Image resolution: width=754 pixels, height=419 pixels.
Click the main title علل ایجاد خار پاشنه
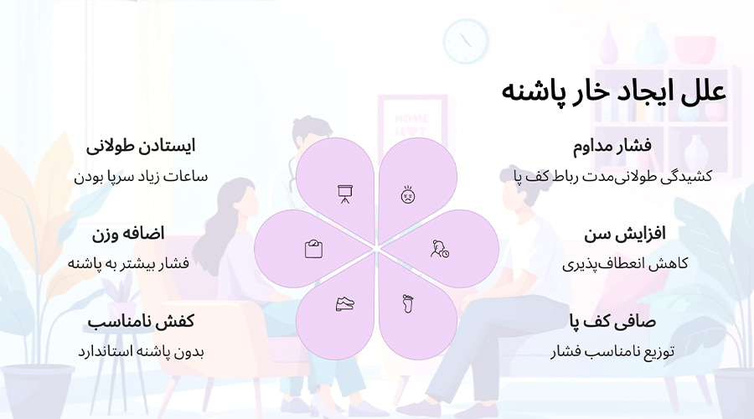(613, 91)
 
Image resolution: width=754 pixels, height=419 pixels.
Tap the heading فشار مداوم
(612, 146)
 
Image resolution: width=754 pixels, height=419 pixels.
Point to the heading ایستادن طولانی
(141, 146)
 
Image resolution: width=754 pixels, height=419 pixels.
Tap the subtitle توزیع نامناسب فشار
(613, 351)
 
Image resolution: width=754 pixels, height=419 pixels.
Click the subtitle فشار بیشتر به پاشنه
(128, 263)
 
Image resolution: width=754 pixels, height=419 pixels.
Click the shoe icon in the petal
(344, 304)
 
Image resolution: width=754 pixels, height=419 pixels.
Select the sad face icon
(408, 194)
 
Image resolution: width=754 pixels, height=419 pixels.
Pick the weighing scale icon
(313, 249)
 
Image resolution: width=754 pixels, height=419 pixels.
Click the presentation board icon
(344, 194)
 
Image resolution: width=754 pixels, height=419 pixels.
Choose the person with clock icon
(439, 249)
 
